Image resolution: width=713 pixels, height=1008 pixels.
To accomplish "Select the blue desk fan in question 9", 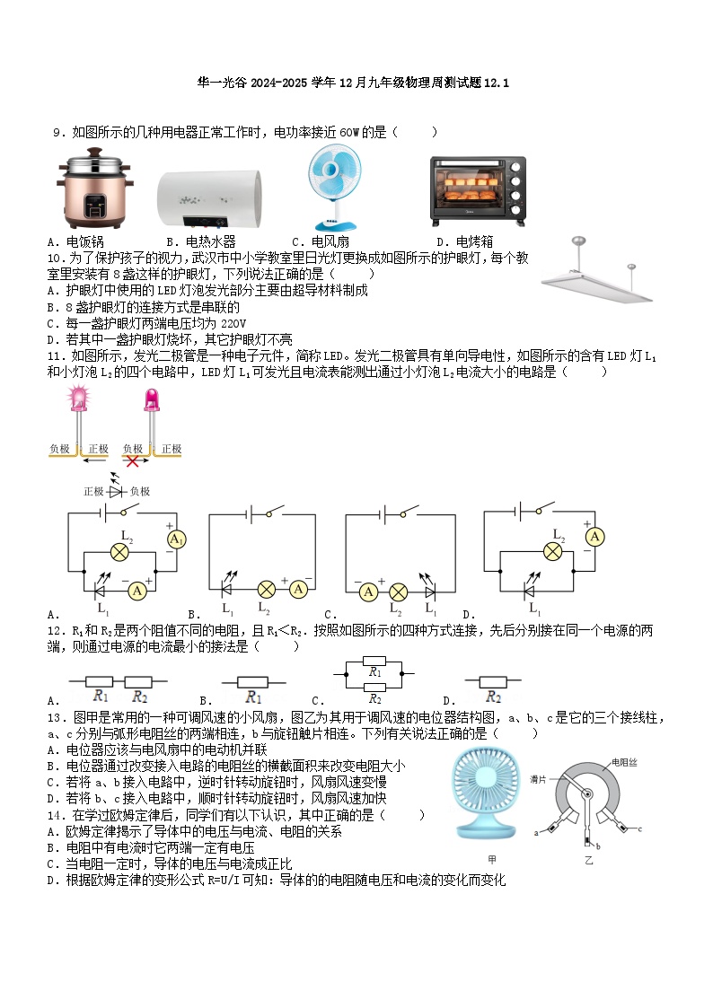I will tap(332, 186).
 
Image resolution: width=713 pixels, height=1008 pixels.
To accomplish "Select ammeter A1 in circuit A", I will tap(177, 539).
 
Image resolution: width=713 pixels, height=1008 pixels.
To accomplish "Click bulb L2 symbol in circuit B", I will tap(267, 590).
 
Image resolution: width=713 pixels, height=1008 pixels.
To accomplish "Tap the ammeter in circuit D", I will tap(593, 536).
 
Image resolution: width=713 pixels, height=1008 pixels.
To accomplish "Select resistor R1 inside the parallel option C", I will tap(374, 670).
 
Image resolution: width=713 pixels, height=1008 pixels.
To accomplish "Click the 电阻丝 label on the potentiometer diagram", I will tap(624, 762).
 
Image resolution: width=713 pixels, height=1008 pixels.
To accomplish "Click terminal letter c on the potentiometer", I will tap(639, 828).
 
